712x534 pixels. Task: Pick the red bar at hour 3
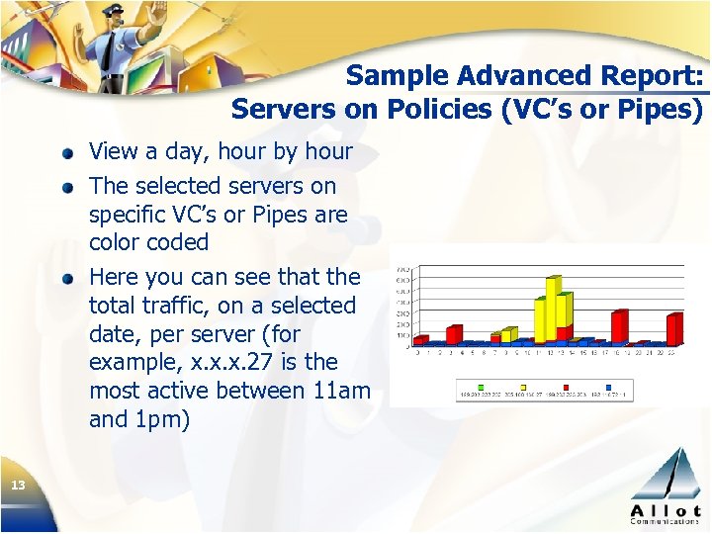[x=454, y=335]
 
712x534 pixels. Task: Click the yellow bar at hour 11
[x=541, y=318]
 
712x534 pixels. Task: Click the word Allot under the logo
[x=666, y=508]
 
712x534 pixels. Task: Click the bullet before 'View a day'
[x=66, y=154]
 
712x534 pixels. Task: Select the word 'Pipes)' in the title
[x=660, y=109]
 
